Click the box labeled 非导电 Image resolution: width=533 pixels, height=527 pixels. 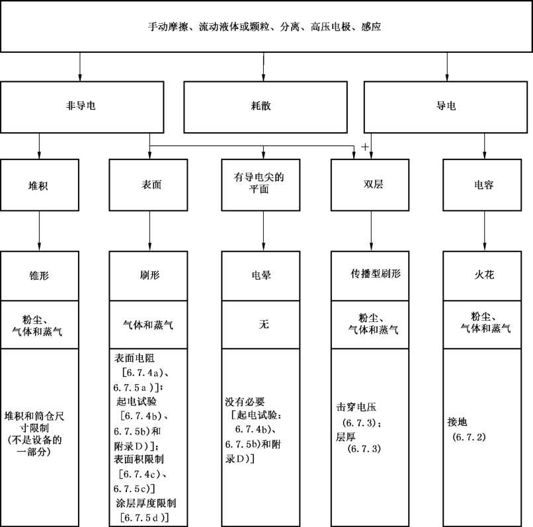tap(82, 107)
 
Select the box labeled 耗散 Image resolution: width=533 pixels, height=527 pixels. tap(265, 107)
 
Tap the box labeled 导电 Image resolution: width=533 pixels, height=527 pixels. tap(446, 107)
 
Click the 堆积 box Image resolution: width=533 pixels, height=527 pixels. tap(40, 185)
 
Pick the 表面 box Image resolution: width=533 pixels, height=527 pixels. tap(148, 185)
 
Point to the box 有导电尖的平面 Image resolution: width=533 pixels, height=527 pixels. tap(261, 185)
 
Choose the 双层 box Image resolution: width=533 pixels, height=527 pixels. tap(370, 185)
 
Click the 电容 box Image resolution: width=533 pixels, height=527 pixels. tap(482, 185)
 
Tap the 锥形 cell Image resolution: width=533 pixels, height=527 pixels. tap(40, 276)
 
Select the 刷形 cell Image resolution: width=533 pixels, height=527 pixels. tap(148, 276)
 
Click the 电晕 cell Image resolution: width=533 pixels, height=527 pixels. tap(261, 276)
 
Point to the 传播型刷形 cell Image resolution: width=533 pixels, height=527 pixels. tap(370, 276)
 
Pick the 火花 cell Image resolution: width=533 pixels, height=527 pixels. tap(482, 276)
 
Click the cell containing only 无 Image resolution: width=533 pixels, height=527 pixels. tap(261, 325)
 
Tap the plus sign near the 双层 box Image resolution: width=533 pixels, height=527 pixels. tap(365, 147)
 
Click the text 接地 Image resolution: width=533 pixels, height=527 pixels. tap(457, 422)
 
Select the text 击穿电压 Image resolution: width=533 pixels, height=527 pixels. tap(356, 407)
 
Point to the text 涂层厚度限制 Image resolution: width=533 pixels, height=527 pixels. tap(146, 503)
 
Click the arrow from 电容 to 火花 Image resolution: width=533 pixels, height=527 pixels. tap(484, 231)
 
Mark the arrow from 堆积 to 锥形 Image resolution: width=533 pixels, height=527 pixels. tap(39, 231)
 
